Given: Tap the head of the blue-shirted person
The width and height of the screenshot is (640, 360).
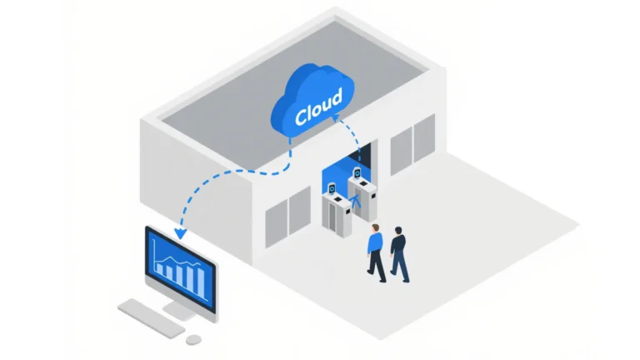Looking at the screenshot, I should coord(376,227).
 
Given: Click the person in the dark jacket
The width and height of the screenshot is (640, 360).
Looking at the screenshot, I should coord(399,252).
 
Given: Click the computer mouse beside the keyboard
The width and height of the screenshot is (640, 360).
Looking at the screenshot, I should coord(193,339).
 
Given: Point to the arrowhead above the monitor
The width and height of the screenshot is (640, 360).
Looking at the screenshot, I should coord(179,232).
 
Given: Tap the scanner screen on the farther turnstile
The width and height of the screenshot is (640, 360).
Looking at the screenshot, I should coord(357,173).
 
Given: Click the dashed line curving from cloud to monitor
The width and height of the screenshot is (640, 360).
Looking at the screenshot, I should coord(225,176).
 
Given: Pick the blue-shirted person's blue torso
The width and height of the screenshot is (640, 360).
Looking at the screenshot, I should coord(376,243).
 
